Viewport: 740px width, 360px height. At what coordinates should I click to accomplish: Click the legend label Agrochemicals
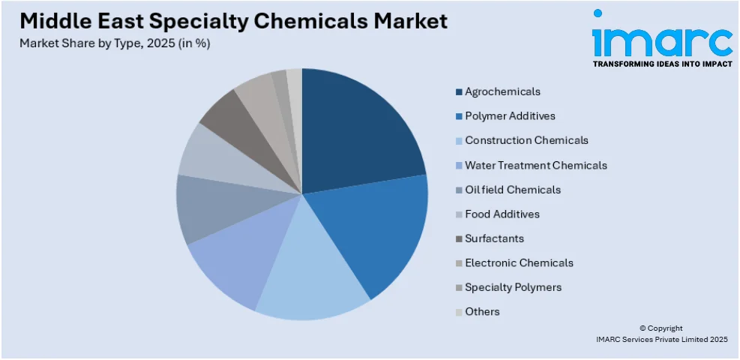point(502,91)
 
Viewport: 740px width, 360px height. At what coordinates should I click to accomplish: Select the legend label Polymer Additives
point(510,116)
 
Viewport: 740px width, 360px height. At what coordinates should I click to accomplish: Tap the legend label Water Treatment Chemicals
point(535,165)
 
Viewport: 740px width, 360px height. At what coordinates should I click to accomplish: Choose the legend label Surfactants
point(494,238)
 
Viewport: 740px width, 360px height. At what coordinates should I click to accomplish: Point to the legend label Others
point(482,311)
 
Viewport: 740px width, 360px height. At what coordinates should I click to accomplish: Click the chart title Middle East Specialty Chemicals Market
point(234,20)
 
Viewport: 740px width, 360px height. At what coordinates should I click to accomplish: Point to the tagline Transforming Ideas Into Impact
point(662,64)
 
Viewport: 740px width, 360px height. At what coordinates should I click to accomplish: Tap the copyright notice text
point(673,334)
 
